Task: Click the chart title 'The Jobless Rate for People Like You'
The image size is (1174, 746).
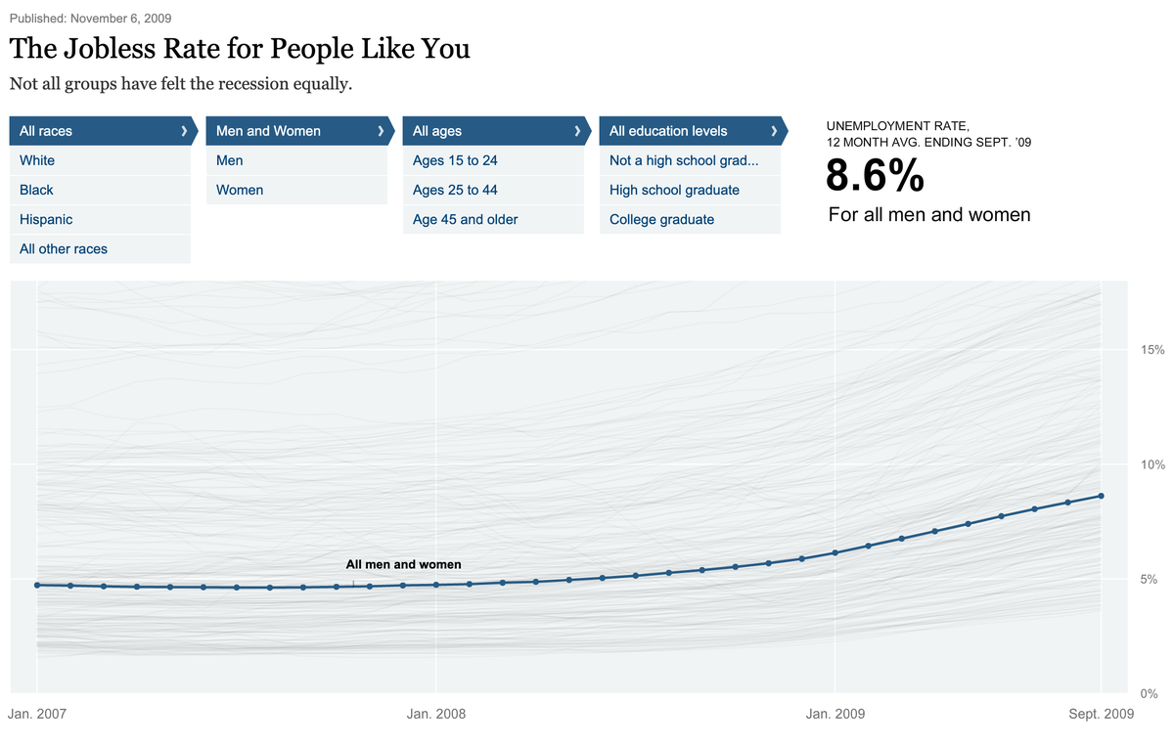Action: [240, 49]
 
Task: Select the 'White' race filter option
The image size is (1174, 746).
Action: [37, 160]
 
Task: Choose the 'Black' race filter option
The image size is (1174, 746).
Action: [36, 190]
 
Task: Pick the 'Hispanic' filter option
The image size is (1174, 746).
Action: [46, 220]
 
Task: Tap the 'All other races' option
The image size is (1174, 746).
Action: [64, 249]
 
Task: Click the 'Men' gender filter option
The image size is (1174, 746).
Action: [230, 160]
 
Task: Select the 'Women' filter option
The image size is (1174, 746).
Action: [240, 190]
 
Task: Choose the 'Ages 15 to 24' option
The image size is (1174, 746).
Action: [455, 160]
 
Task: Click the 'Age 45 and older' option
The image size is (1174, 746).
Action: [466, 220]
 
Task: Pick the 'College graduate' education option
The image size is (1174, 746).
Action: [661, 220]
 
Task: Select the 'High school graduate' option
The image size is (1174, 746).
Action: [674, 190]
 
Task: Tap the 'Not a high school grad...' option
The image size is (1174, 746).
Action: [684, 160]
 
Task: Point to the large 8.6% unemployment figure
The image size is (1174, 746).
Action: [875, 177]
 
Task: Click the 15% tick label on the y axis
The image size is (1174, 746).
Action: [1151, 349]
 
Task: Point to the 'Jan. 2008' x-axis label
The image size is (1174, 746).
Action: [436, 714]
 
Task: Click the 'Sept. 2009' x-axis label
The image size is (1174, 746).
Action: [1101, 714]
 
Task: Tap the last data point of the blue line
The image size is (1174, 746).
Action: [1101, 496]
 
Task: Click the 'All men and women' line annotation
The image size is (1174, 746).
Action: [403, 564]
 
